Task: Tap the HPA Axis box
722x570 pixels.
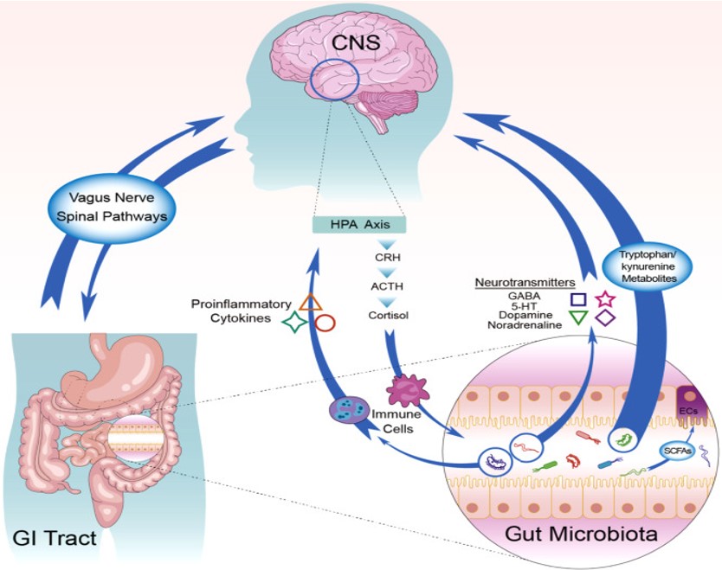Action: click(359, 226)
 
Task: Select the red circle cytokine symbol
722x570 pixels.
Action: click(326, 324)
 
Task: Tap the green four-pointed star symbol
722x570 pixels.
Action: click(296, 323)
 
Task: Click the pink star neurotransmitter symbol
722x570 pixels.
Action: click(605, 298)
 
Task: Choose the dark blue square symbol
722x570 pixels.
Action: click(578, 299)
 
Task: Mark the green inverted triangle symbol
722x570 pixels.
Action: click(578, 318)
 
